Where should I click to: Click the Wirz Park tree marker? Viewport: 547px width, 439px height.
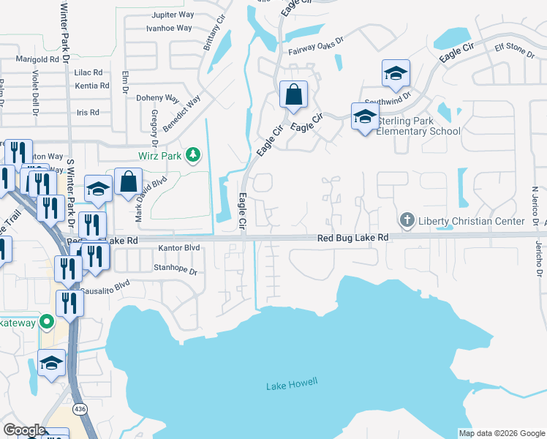[193, 154]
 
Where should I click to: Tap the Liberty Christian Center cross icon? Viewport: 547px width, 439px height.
[407, 220]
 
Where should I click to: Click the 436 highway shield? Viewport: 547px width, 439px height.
[80, 410]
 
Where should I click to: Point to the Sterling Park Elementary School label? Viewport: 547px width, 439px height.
[418, 126]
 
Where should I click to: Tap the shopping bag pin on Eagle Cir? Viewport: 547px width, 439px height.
[293, 95]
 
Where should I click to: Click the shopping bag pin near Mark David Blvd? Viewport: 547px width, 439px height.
[128, 182]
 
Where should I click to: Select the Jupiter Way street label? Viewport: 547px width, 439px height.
[172, 15]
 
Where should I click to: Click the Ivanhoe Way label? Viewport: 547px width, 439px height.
[169, 28]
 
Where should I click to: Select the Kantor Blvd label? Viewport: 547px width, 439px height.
[179, 248]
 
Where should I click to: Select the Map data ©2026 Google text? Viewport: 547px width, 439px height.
[502, 433]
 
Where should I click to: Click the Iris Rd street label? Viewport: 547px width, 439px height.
[87, 112]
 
